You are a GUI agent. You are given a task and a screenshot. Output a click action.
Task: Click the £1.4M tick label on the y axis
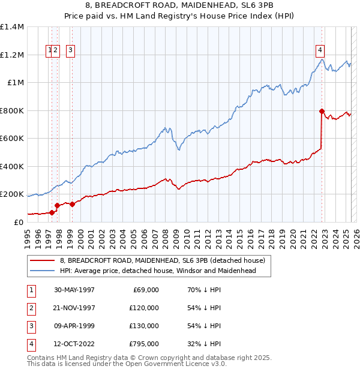point(12,27)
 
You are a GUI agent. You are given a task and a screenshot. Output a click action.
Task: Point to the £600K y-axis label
point(12,139)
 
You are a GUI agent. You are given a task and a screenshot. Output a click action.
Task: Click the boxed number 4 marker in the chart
point(320,50)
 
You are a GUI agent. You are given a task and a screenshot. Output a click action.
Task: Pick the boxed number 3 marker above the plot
point(70,50)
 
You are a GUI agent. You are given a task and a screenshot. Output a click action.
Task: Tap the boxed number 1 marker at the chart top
point(49,50)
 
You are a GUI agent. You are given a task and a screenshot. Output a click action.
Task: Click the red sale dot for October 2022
point(322,111)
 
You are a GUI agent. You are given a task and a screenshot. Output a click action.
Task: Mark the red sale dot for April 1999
point(72,204)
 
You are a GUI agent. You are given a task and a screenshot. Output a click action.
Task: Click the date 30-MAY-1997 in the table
point(74,290)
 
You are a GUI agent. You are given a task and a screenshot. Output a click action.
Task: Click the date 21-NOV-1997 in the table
point(74,308)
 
